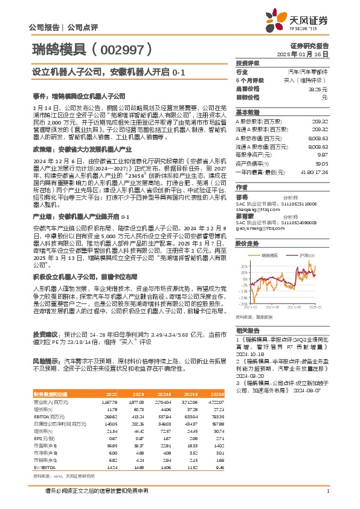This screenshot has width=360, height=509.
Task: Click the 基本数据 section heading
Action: [x=247, y=112]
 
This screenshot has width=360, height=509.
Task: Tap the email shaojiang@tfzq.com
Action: [x=256, y=210]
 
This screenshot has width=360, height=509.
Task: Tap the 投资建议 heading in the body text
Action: [x=45, y=334]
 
